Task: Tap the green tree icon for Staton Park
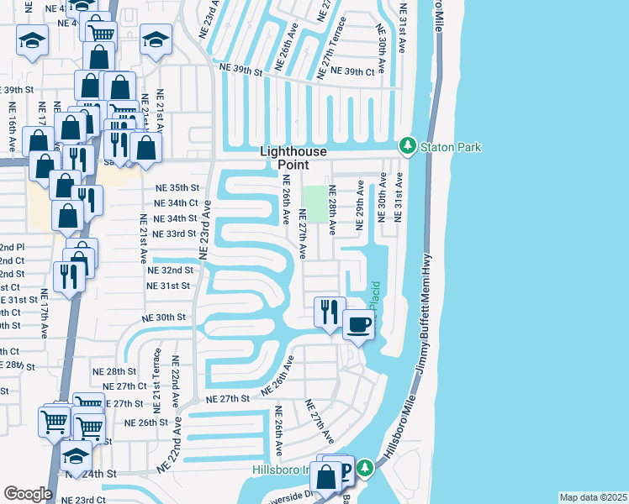click(x=408, y=146)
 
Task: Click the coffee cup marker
click(x=359, y=323)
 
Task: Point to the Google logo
click(x=28, y=493)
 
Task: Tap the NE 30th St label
click(x=163, y=318)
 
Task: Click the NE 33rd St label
click(x=176, y=234)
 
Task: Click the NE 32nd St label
click(x=170, y=270)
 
